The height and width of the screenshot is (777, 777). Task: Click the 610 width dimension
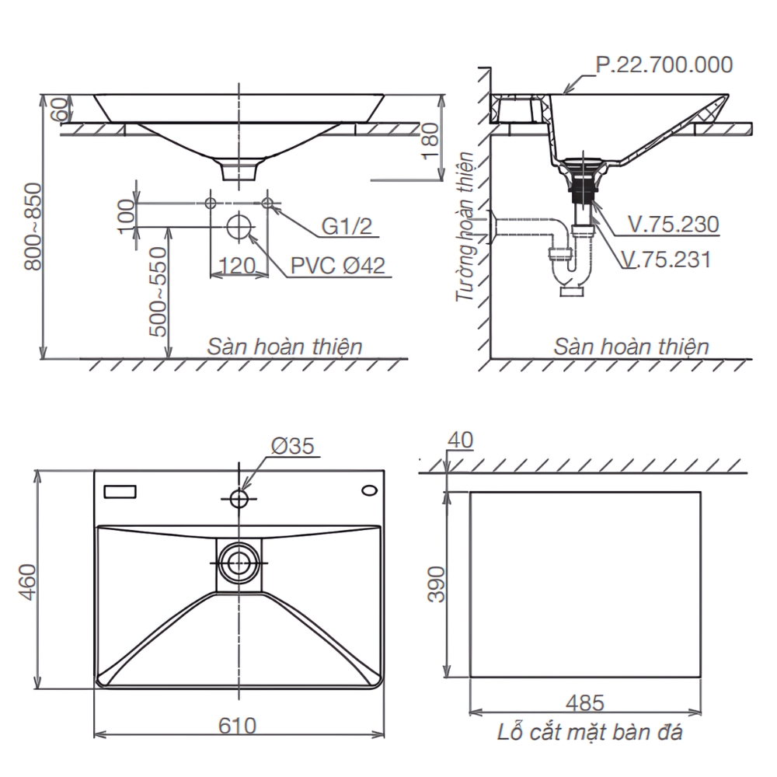237,726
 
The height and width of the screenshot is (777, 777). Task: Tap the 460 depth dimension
28,582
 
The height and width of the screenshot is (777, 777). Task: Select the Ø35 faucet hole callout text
292,446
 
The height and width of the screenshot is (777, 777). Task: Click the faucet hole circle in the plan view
239,499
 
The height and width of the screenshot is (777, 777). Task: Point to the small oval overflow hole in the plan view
370,490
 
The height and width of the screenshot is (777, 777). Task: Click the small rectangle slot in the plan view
120,492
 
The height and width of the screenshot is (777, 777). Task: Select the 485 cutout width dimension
585,702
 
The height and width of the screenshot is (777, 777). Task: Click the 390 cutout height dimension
436,585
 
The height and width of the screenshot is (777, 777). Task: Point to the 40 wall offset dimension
460,440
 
